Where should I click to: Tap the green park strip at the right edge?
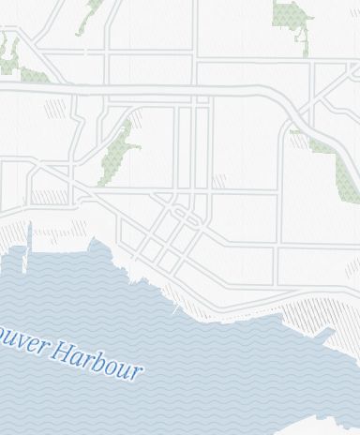(x=337, y=169)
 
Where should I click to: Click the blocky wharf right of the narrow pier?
(x=98, y=249)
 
